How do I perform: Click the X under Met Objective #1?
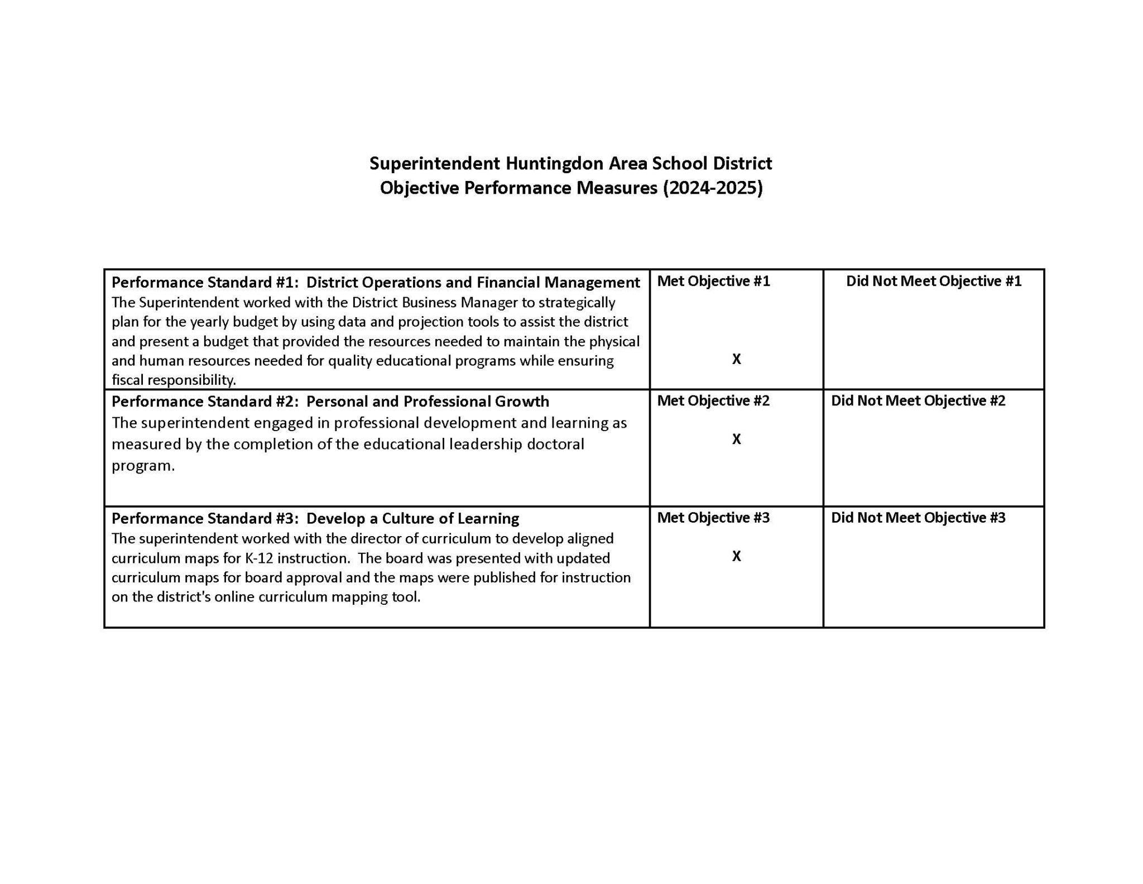[736, 359]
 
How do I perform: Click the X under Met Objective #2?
[736, 439]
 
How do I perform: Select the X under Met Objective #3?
[736, 556]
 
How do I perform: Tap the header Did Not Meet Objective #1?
[933, 281]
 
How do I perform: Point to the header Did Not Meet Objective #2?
[918, 401]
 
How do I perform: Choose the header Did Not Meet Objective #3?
[918, 518]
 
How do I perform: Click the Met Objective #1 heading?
[713, 281]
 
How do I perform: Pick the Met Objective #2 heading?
[713, 401]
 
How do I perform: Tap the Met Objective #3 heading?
[713, 518]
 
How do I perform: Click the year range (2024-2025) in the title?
[712, 188]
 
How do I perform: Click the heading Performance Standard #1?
[204, 282]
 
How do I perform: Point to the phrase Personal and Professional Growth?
[428, 402]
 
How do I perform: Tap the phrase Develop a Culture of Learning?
[412, 519]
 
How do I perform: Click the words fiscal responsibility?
[174, 380]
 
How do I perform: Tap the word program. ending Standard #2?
[143, 466]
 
